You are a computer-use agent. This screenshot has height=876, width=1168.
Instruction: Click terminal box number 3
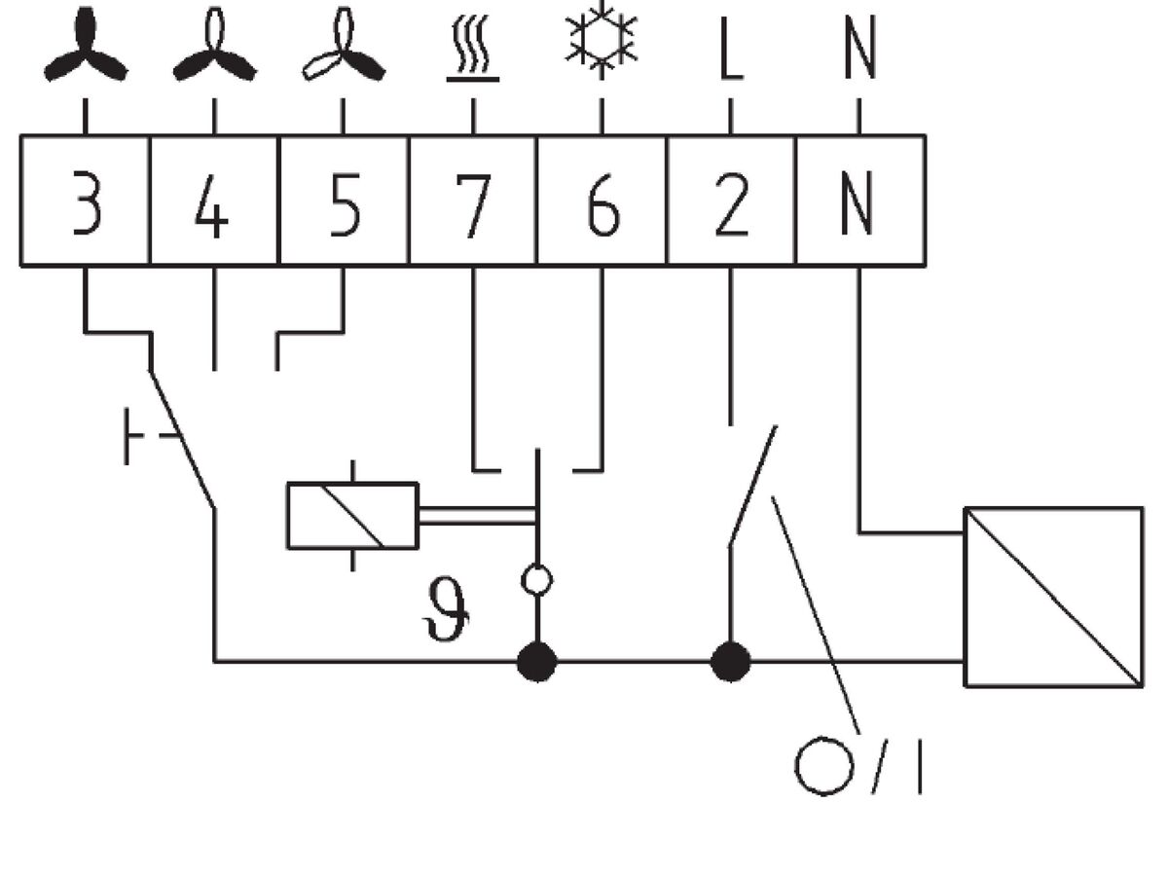[x=86, y=201]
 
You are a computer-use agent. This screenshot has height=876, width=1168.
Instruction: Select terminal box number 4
[x=214, y=201]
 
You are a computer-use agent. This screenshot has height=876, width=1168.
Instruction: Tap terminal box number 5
[x=343, y=201]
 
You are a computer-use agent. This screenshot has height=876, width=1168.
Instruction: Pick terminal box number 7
[x=472, y=201]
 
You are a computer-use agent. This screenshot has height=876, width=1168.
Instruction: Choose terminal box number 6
[x=602, y=201]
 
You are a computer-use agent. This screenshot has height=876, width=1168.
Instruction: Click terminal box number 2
[x=731, y=201]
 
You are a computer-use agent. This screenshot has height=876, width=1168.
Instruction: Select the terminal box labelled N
[x=860, y=201]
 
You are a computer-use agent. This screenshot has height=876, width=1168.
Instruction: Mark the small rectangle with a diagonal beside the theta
[x=352, y=516]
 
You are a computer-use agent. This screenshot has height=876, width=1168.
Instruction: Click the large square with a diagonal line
[x=1053, y=597]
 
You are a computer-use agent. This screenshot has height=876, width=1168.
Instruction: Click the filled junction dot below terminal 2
[x=731, y=662]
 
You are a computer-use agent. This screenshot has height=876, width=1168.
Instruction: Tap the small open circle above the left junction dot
[x=536, y=581]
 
